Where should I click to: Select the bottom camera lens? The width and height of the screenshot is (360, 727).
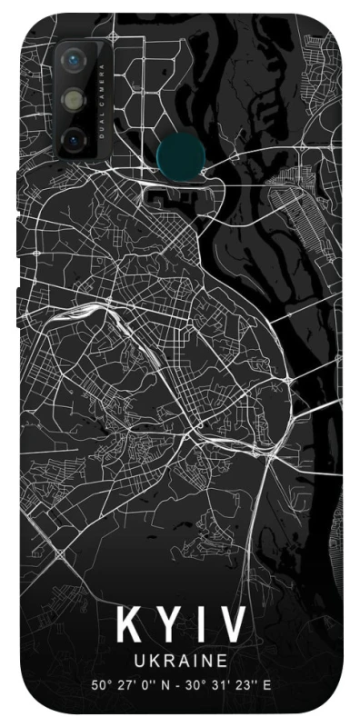[74, 139]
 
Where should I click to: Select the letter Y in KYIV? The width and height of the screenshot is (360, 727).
[168, 626]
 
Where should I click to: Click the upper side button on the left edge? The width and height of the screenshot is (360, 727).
[18, 226]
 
